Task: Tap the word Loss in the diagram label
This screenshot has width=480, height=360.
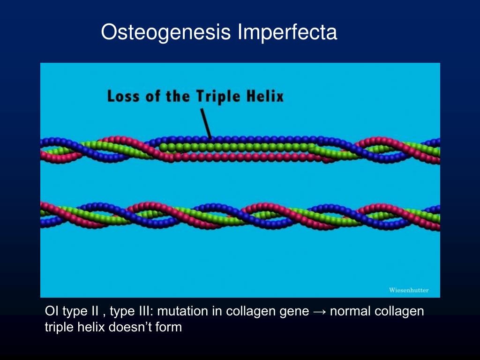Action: [123, 97]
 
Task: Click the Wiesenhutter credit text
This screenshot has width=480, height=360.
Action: [408, 290]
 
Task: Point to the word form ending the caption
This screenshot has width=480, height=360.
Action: [169, 327]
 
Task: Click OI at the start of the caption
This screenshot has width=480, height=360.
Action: [51, 311]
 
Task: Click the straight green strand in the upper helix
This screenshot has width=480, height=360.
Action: [234, 147]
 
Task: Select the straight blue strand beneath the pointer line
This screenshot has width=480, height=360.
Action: [234, 139]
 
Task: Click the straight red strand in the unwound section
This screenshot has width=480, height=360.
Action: [234, 156]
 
